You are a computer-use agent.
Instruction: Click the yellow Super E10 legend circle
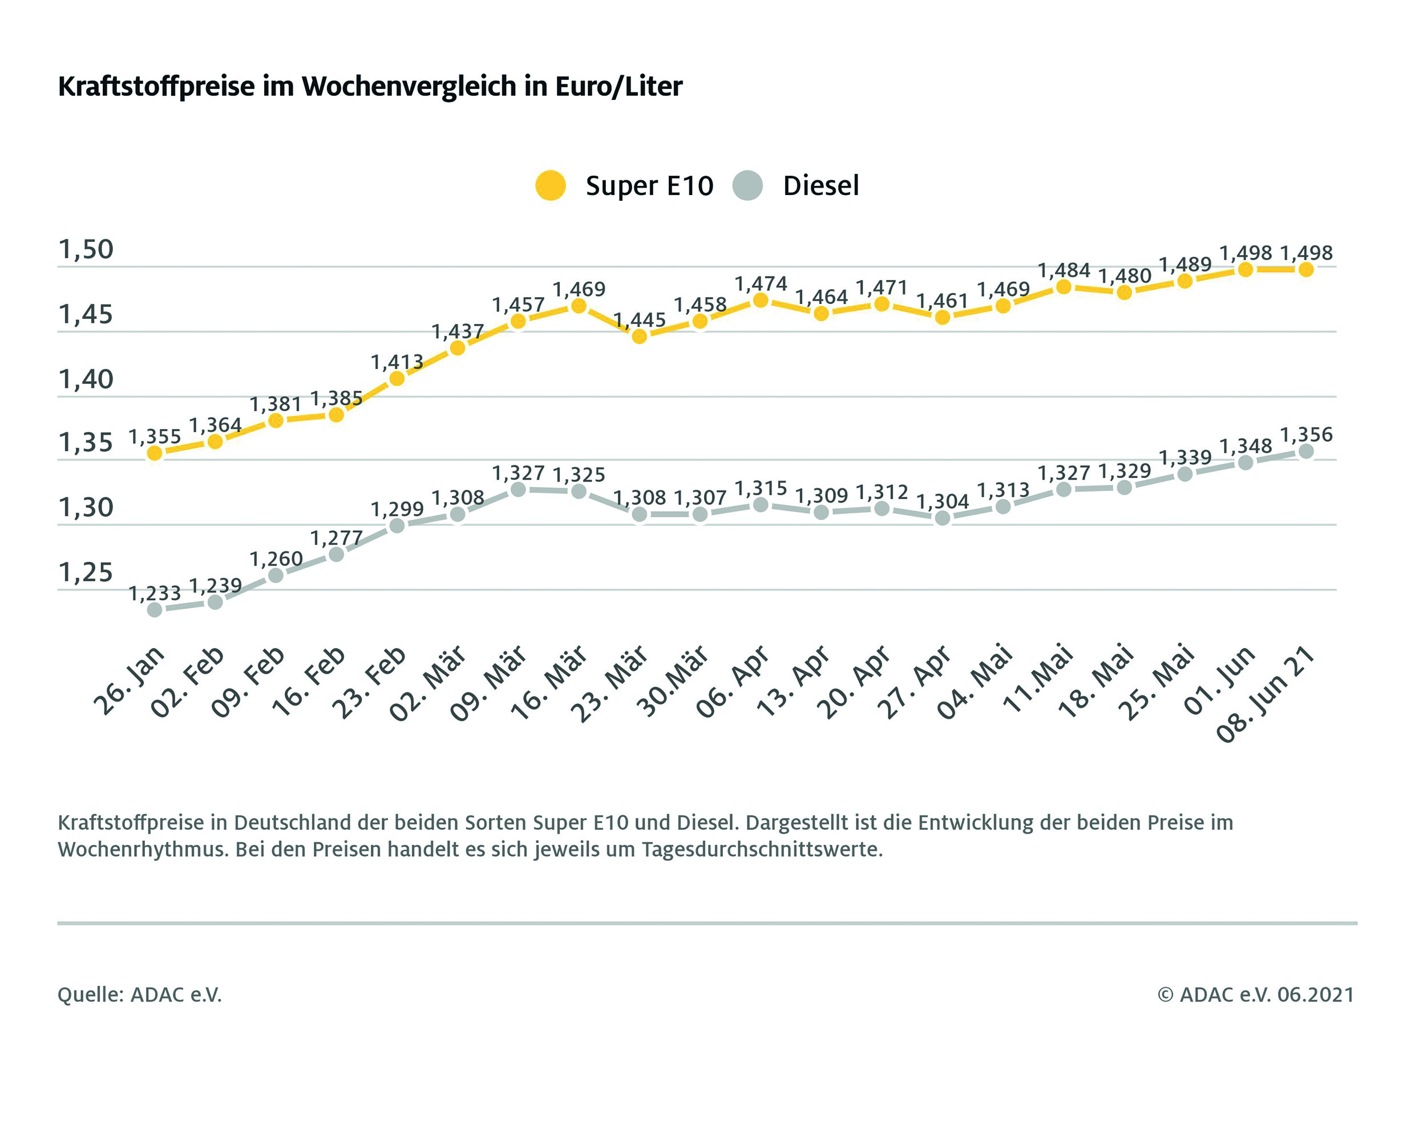550,186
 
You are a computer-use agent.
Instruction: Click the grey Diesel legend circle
747,186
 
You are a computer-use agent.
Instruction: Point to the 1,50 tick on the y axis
86,249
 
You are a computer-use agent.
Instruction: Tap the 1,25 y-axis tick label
86,573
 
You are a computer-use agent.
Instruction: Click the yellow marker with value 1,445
639,337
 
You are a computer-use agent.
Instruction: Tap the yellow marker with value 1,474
761,300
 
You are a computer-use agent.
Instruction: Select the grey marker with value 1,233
154,610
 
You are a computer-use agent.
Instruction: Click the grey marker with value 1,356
1306,451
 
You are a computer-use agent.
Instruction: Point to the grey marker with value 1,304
943,519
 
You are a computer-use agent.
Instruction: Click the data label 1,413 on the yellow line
397,362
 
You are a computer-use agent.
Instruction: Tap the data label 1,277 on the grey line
336,538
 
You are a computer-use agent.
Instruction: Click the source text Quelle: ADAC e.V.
140,995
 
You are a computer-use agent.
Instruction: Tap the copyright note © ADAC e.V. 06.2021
1255,995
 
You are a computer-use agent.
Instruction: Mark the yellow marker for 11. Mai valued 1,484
1064,287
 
